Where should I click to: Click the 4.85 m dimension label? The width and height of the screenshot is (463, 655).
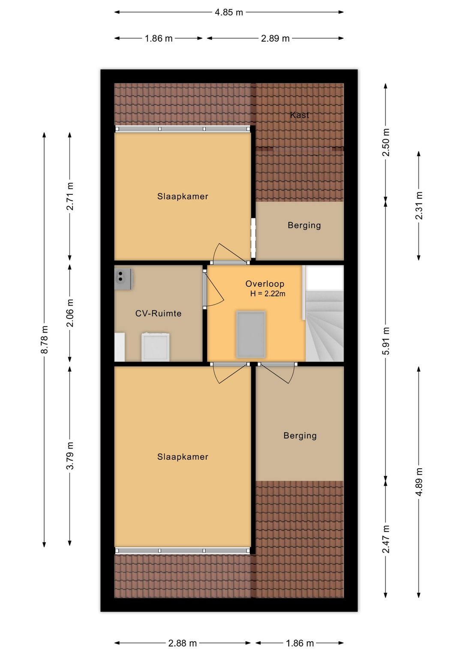pyautogui.click(x=229, y=12)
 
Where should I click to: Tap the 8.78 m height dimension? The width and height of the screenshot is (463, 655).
pyautogui.click(x=44, y=340)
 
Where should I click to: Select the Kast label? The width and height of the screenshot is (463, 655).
pyautogui.click(x=299, y=115)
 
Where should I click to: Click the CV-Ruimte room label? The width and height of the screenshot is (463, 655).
pyautogui.click(x=158, y=313)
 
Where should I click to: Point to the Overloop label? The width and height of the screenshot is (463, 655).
pyautogui.click(x=265, y=284)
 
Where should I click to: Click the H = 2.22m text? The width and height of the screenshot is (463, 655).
pyautogui.click(x=268, y=294)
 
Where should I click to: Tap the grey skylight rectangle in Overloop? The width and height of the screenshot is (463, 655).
pyautogui.click(x=251, y=334)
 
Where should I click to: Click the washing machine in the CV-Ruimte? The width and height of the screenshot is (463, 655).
pyautogui.click(x=155, y=347)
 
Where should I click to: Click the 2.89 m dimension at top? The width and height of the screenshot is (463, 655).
pyautogui.click(x=275, y=39)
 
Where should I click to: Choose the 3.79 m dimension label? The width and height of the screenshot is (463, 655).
pyautogui.click(x=70, y=455)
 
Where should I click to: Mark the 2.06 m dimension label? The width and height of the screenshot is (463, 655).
pyautogui.click(x=70, y=313)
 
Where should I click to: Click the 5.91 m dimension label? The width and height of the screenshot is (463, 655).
pyautogui.click(x=385, y=341)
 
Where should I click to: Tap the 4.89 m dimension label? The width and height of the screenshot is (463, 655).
pyautogui.click(x=418, y=482)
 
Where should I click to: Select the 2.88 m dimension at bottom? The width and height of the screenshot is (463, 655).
pyautogui.click(x=182, y=643)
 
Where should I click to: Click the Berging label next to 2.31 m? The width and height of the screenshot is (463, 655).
pyautogui.click(x=304, y=225)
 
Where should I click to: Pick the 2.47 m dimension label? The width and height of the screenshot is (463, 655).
pyautogui.click(x=385, y=539)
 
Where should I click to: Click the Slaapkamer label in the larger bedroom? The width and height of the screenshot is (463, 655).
pyautogui.click(x=183, y=457)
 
